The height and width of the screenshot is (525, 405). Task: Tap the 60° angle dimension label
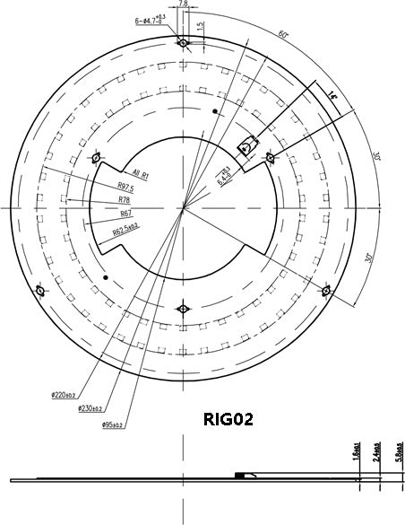[283, 35]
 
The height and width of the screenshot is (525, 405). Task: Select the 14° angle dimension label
[332, 94]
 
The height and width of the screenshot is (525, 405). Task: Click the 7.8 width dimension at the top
[183, 4]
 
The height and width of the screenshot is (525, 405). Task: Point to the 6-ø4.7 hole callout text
[149, 18]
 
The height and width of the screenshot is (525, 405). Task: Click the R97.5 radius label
[125, 188]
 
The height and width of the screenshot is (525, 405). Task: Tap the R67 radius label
[125, 215]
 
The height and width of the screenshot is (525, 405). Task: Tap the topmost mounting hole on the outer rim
[183, 42]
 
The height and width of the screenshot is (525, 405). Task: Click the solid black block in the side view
[239, 475]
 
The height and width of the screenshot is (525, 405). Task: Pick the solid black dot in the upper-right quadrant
[215, 111]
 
